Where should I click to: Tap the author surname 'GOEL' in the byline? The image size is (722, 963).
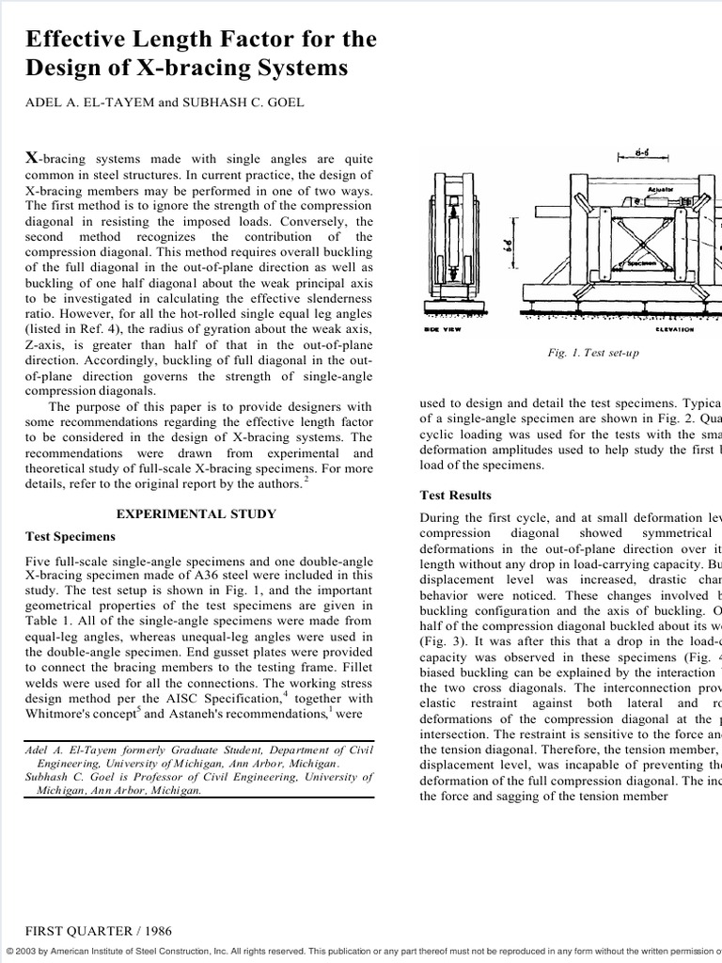pyautogui.click(x=282, y=103)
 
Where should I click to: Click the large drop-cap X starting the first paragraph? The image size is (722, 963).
pyautogui.click(x=32, y=158)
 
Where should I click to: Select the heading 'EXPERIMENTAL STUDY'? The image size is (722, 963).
pyautogui.click(x=196, y=514)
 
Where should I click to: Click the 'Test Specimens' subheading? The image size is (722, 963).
pyautogui.click(x=71, y=537)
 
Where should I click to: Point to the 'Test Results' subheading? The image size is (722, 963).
pyautogui.click(x=455, y=495)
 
